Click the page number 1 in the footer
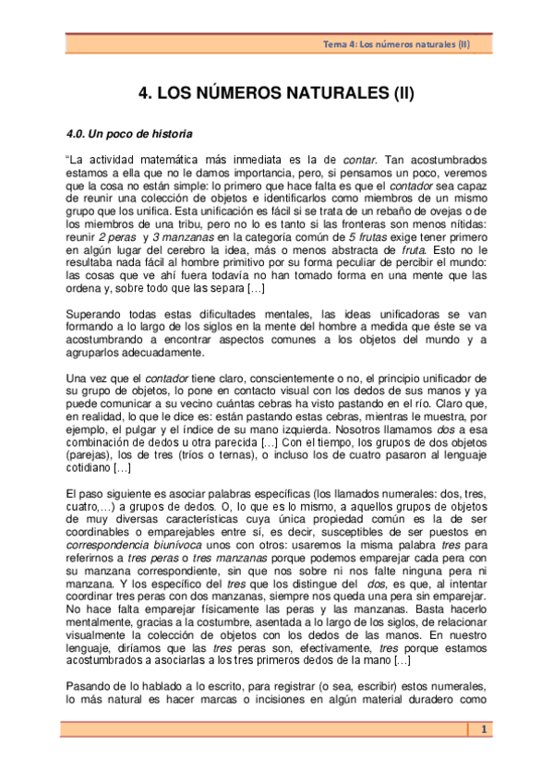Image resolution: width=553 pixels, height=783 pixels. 482,730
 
